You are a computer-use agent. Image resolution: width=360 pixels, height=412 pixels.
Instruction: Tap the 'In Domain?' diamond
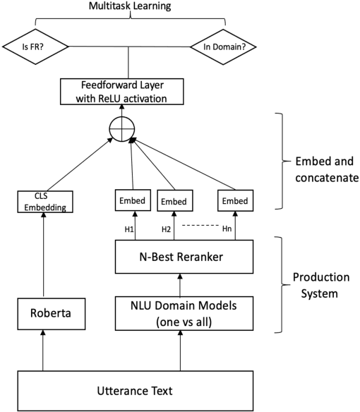(x=223, y=49)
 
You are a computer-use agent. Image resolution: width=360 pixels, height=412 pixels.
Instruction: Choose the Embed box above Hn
(x=236, y=202)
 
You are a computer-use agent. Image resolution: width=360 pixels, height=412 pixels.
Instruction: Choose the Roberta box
(x=43, y=313)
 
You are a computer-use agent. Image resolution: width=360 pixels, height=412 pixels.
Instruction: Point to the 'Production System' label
(x=315, y=286)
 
